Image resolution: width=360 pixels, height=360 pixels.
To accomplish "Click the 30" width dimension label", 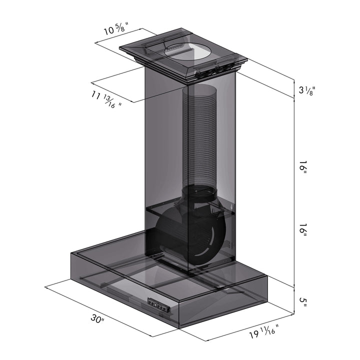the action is point(97,318).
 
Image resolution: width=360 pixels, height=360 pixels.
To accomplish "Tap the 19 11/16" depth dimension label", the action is point(264,331).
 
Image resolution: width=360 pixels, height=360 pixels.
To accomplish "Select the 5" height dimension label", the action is point(303,302).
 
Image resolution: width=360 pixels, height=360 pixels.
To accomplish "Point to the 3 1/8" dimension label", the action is point(307,90).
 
